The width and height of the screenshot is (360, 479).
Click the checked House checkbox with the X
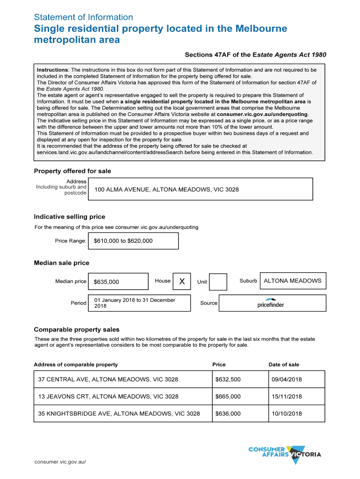[182, 281]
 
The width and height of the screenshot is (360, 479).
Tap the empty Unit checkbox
[218, 282]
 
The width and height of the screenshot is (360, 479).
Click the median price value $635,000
[118, 282]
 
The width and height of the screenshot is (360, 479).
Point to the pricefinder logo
[271, 303]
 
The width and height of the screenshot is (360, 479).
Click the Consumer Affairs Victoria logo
[285, 454]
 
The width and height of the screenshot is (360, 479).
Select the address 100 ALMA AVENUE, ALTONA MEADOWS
[166, 189]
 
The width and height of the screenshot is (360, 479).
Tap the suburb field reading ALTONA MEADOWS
[293, 281]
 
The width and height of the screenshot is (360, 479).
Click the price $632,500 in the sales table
[228, 379]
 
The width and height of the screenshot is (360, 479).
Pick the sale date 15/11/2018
[287, 397]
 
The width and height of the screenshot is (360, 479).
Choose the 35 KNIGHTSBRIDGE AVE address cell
[119, 414]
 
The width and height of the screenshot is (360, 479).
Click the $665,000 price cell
[228, 397]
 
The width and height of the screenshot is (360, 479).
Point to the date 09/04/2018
[287, 379]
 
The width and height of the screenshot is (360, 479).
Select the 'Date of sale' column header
[284, 364]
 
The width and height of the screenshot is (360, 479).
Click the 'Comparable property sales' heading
[77, 329]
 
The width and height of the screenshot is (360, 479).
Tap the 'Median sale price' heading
[61, 263]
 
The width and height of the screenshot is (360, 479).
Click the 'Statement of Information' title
[83, 17]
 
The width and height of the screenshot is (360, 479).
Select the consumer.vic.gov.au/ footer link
[60, 462]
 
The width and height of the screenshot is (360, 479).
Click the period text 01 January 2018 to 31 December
[135, 300]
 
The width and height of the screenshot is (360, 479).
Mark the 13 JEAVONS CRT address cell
[108, 397]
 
